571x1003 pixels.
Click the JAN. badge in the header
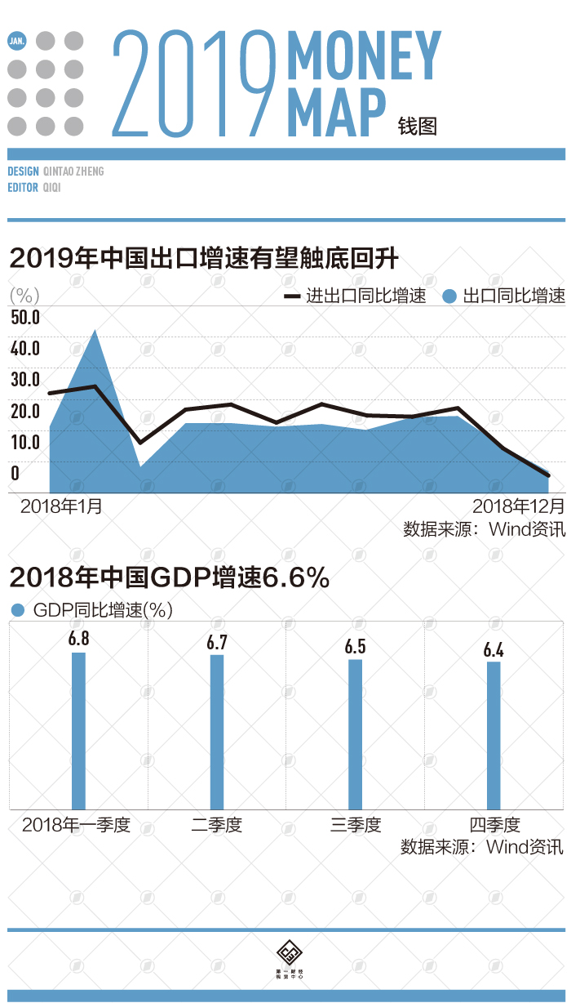pos(16,40)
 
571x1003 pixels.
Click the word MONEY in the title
pos(364,56)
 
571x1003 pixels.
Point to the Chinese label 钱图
pos(418,126)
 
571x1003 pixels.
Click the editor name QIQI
pos(51,187)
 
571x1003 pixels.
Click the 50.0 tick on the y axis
pos(25,317)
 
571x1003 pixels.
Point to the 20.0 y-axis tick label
pos(25,410)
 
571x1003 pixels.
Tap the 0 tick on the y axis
pos(15,472)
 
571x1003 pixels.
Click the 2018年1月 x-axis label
pos(61,506)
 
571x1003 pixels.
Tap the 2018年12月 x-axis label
pos(518,506)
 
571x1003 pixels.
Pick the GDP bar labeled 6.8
pos(78,731)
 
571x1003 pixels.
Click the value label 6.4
pos(494,650)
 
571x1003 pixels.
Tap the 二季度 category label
pos(217,825)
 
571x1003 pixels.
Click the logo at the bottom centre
pos(286,953)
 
